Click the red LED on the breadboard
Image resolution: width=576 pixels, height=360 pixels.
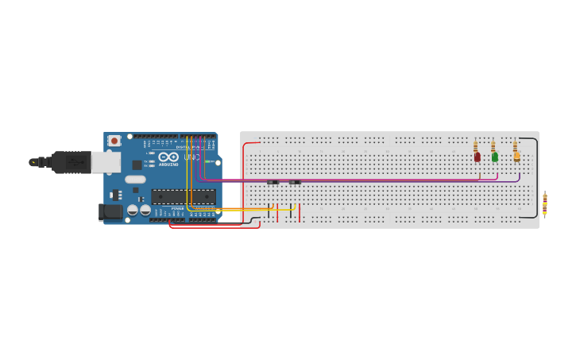pos(477,157)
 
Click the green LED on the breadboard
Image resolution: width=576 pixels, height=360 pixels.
pos(495,157)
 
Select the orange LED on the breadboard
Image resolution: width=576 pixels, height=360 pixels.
pos(516,157)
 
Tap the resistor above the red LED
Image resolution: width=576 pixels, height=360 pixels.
pos(475,146)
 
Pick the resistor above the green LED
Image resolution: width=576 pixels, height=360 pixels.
pos(493,146)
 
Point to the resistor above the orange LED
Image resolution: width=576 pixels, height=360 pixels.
pos(515,146)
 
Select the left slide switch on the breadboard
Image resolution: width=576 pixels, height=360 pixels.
pos(273,182)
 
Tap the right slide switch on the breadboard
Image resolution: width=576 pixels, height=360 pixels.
pos(295,182)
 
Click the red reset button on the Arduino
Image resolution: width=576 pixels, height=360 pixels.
pos(114,141)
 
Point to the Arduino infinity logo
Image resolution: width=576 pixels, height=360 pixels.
pos(168,157)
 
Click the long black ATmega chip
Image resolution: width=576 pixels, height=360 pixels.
pos(183,196)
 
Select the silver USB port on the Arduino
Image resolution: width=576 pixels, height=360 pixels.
pos(105,162)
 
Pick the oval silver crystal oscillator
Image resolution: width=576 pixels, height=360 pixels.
pos(135,180)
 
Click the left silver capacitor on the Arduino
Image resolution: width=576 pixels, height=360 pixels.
pos(133,211)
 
